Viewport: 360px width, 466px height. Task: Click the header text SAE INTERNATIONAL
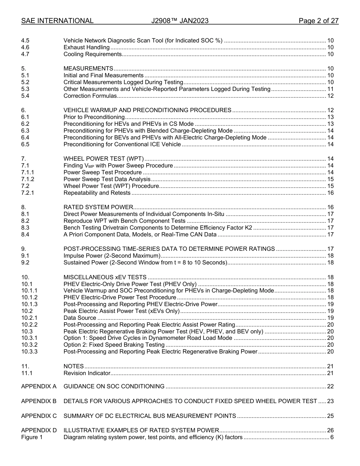tap(57, 21)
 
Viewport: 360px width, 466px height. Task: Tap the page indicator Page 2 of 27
tap(318, 21)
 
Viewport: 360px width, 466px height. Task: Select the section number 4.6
tap(25, 47)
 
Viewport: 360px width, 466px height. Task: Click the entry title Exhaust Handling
tap(86, 47)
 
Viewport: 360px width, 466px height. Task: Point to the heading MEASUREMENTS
tap(88, 69)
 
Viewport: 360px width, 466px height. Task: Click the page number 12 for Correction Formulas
tap(330, 96)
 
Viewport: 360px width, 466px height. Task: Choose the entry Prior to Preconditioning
tap(94, 117)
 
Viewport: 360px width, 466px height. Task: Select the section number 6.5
tap(25, 144)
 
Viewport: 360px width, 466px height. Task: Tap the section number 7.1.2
tap(28, 179)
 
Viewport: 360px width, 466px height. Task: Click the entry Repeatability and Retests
tap(97, 193)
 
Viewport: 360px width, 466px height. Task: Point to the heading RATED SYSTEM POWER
tap(98, 207)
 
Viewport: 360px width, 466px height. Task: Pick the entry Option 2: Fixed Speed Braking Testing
tap(114, 345)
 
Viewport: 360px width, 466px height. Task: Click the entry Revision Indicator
tap(87, 373)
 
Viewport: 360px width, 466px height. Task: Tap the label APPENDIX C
tap(39, 416)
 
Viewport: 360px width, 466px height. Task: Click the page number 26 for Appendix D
tap(330, 430)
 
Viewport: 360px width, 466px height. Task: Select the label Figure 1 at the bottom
tap(32, 437)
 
